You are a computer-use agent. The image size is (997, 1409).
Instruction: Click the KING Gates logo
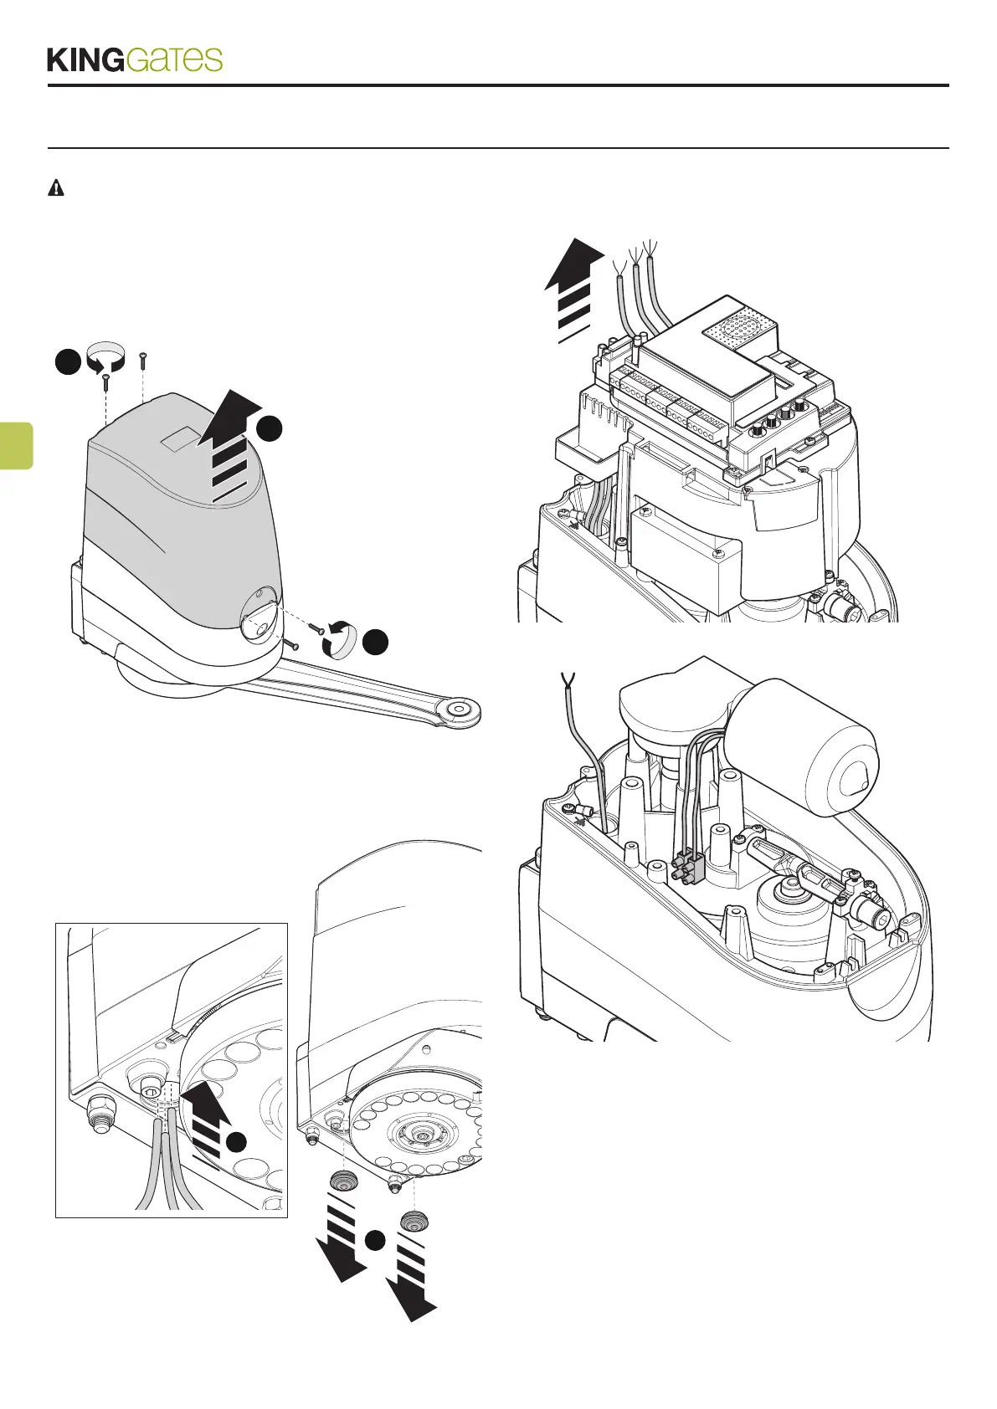(x=135, y=59)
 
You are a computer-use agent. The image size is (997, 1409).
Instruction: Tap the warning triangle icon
(x=55, y=188)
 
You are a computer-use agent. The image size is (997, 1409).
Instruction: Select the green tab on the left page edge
(x=16, y=445)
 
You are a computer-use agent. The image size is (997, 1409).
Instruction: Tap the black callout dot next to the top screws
(x=68, y=362)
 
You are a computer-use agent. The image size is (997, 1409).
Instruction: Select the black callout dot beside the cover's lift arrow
(x=269, y=428)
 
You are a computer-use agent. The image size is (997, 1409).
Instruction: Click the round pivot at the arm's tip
(x=460, y=710)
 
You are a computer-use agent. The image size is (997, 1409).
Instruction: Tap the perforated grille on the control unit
(x=734, y=335)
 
